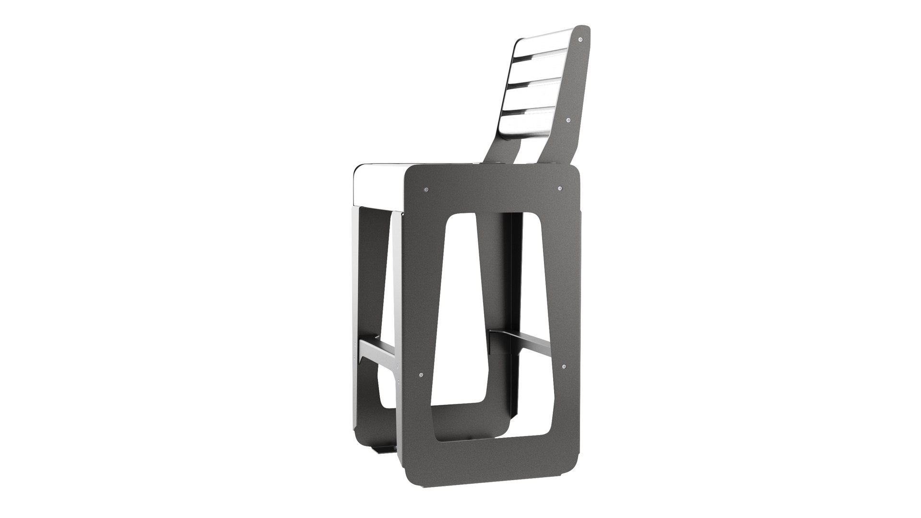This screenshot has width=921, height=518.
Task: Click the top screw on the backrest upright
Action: pyautogui.click(x=581, y=38)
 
